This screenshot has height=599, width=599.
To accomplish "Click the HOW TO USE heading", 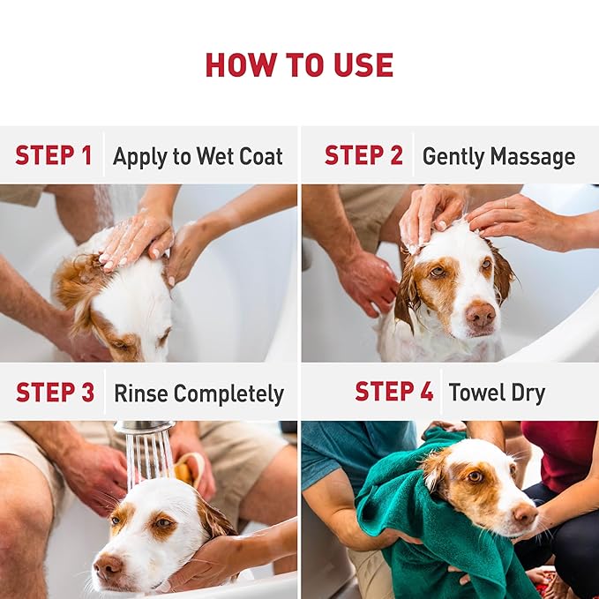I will pyautogui.click(x=299, y=64).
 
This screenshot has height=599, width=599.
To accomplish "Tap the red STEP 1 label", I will pyautogui.click(x=53, y=156).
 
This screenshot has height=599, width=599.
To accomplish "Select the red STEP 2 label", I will pyautogui.click(x=363, y=156).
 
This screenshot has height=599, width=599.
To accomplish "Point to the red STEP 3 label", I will pyautogui.click(x=55, y=393).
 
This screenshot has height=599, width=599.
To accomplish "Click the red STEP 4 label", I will pyautogui.click(x=393, y=392).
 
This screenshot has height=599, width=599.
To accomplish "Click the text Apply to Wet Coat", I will pyautogui.click(x=198, y=157).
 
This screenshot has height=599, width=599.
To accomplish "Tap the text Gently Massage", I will pyautogui.click(x=498, y=157).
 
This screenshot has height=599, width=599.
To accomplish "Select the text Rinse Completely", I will pyautogui.click(x=198, y=393).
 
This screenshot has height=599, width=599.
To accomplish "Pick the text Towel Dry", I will pyautogui.click(x=498, y=393).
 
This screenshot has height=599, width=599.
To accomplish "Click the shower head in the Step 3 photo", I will pyautogui.click(x=143, y=428).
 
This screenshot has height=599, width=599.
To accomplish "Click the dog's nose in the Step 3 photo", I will pyautogui.click(x=108, y=565).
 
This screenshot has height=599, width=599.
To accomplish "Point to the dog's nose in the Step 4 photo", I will pyautogui.click(x=524, y=514).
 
